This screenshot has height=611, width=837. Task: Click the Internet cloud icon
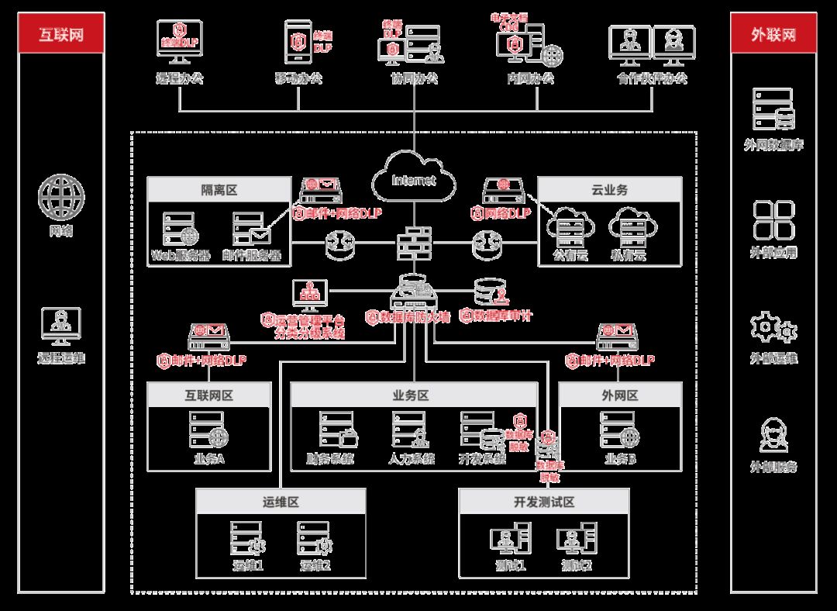413,179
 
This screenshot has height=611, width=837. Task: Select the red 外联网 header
773,36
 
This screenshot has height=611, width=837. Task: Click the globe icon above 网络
61,196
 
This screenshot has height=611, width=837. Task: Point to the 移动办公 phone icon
298,46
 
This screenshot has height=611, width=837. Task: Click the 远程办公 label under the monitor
179,78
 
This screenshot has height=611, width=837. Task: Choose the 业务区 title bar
413,395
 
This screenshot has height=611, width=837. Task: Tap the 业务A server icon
208,429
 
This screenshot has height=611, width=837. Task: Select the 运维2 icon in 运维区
315,537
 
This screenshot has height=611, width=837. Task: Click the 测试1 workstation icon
510,538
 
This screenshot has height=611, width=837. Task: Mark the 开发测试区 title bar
543,502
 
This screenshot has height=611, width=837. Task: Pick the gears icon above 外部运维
773,329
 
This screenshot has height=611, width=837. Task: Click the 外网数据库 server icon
773,109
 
